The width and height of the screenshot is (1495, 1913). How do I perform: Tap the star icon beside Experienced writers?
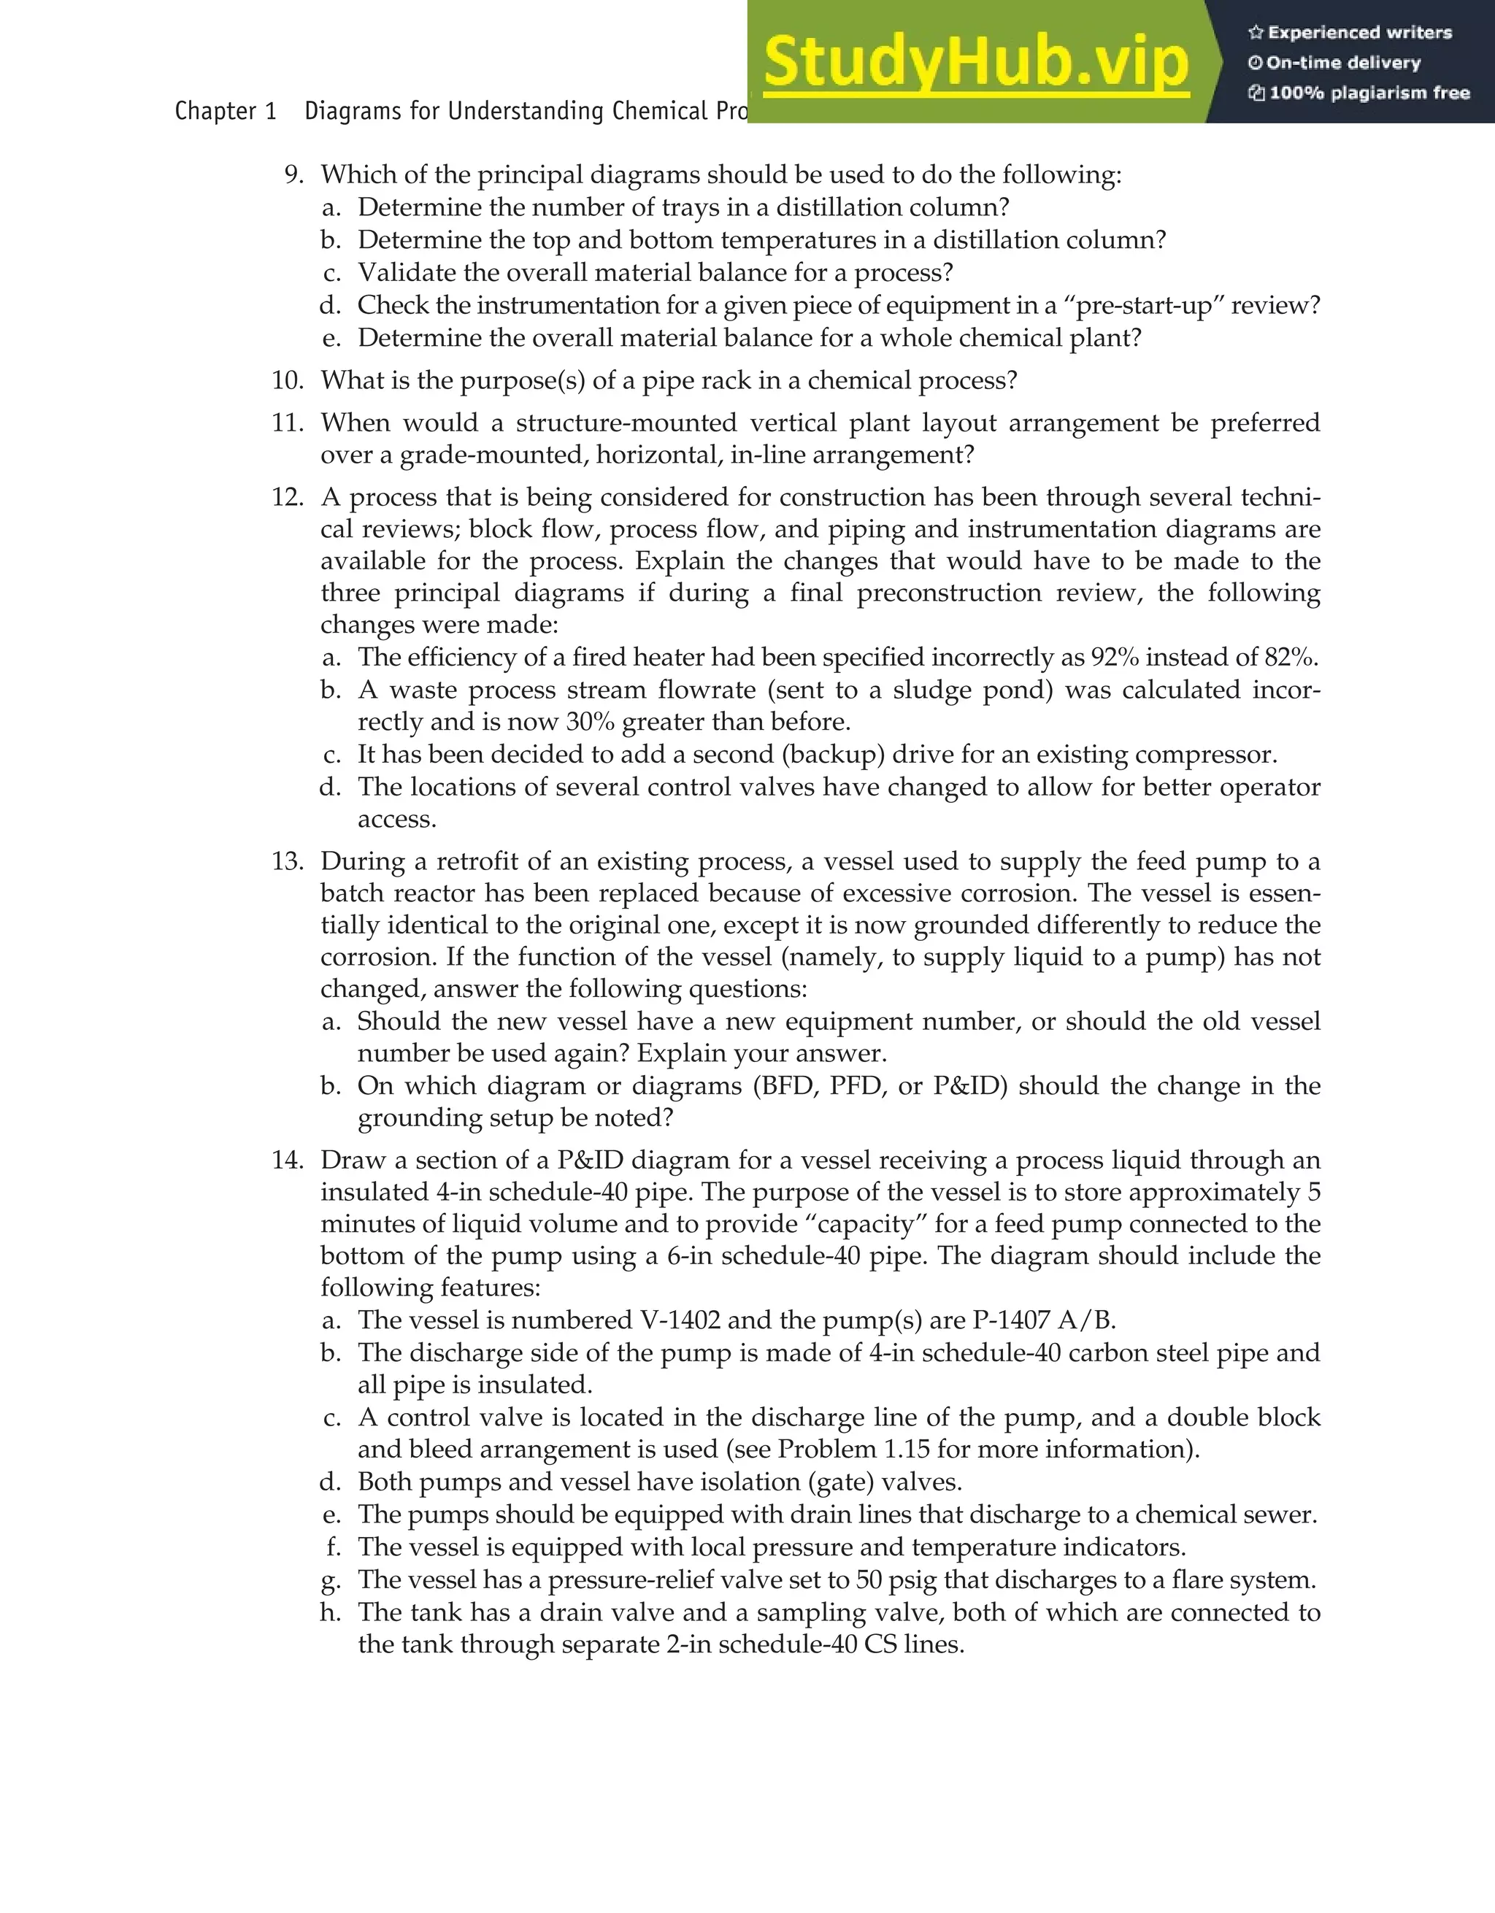point(1256,32)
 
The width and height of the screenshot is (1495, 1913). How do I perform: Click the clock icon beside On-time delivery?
point(1256,63)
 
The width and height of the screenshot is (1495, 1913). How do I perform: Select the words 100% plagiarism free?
point(1369,93)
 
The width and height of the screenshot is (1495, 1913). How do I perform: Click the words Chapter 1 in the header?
point(225,111)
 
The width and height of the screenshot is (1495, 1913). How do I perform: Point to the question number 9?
point(294,174)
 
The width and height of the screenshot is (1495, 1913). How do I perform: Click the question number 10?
point(288,380)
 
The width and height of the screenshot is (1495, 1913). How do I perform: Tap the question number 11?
point(288,423)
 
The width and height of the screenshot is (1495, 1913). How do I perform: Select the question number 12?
point(288,498)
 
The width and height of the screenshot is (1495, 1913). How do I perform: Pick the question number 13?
point(288,861)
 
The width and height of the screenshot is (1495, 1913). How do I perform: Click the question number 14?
point(288,1160)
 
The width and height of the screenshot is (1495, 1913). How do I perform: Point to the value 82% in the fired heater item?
point(1289,657)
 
